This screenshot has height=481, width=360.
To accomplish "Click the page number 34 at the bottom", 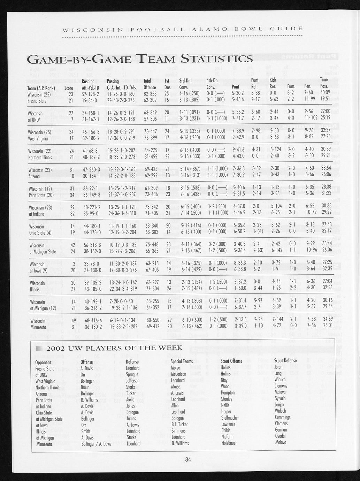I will (188, 459).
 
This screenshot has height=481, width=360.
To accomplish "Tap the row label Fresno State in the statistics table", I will (37, 101).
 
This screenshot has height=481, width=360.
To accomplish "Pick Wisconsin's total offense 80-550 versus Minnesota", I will (151, 321).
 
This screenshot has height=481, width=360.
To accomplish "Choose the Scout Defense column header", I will (285, 361).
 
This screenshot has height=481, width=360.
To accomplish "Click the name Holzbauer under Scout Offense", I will (229, 443).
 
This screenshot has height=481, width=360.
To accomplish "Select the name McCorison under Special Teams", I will (178, 374).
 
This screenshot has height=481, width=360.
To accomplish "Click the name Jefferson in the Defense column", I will (133, 381).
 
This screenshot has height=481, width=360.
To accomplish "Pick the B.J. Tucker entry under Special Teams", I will (179, 425).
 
